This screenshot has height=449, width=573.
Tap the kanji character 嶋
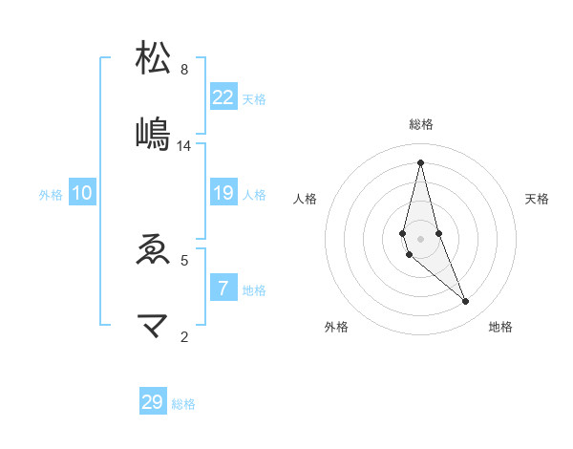[x=153, y=134]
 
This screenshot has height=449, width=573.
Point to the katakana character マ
[x=153, y=327]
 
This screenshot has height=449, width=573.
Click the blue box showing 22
[x=223, y=97]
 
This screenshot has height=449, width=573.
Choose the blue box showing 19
[x=223, y=194]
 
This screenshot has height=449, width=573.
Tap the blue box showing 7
[x=223, y=289]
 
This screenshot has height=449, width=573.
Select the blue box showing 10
[x=82, y=194]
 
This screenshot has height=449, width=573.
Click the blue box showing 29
[x=153, y=402]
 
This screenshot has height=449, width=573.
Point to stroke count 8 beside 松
[x=184, y=69]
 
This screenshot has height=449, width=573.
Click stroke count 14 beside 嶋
[x=184, y=146]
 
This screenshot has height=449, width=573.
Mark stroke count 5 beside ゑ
[x=184, y=259]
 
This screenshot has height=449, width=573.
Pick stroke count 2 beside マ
[x=184, y=335]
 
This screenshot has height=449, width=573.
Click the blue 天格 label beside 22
[x=254, y=98]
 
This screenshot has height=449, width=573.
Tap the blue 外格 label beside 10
[x=51, y=195]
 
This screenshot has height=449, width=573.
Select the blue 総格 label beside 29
[x=183, y=404]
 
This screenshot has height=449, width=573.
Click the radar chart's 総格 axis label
[x=421, y=124]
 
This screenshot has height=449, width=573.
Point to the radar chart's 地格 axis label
[x=500, y=327]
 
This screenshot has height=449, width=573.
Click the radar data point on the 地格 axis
[x=466, y=302]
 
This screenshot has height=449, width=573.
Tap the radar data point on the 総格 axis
[x=420, y=162]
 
